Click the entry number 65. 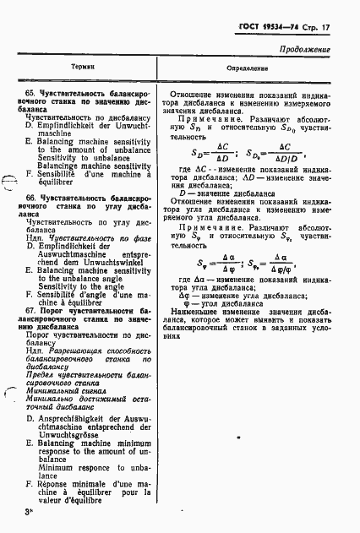point(30,91)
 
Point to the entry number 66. point(30,196)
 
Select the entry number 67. point(31,301)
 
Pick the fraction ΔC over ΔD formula point(223,154)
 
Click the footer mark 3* point(28,512)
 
